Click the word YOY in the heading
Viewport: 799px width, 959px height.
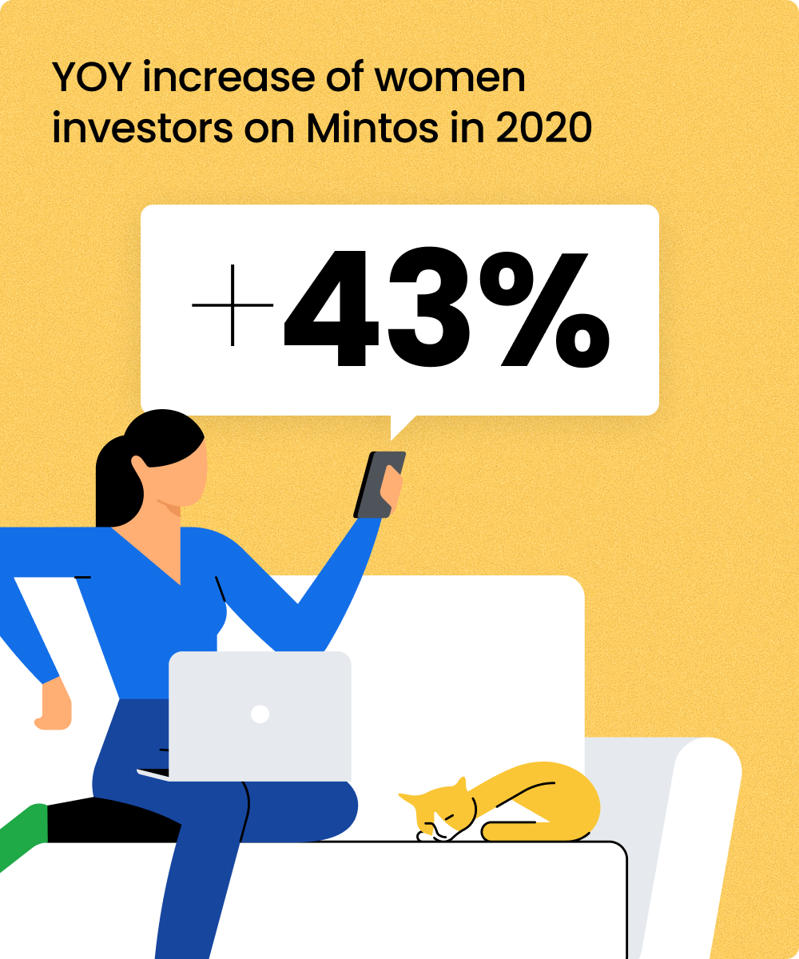(91, 77)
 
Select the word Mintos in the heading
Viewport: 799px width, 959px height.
(372, 127)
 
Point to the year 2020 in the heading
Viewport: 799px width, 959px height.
(543, 127)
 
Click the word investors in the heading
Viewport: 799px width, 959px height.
(142, 127)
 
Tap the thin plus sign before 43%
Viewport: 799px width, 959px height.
(233, 305)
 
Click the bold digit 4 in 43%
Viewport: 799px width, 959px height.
(331, 308)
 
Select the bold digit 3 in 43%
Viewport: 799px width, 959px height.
(428, 308)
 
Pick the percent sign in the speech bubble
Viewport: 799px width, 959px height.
(545, 309)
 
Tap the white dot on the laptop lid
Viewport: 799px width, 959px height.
(260, 714)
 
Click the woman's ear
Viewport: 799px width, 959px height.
(139, 466)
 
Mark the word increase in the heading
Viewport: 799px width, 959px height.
(229, 77)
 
